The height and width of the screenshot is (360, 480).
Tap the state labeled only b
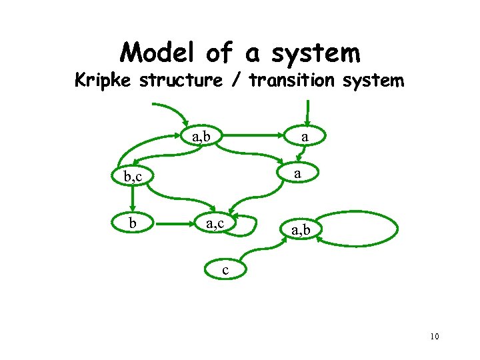[x=133, y=223]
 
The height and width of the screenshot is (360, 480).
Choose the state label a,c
[x=215, y=223]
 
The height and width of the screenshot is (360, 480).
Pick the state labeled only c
[x=226, y=270]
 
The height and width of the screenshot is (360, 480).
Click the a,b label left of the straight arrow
[x=201, y=137]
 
